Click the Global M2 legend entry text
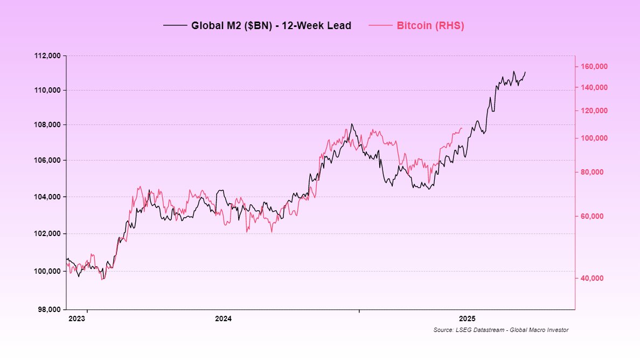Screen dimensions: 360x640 (271, 25)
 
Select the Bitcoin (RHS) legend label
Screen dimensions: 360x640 (430, 25)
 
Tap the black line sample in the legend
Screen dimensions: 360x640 (175, 25)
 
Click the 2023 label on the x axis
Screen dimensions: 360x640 (77, 319)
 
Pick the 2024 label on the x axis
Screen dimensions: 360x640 (223, 319)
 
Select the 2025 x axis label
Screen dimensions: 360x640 (467, 319)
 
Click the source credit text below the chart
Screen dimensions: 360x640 (500, 330)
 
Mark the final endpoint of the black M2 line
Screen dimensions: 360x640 (525, 72)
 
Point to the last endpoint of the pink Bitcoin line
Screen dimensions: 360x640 (462, 128)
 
